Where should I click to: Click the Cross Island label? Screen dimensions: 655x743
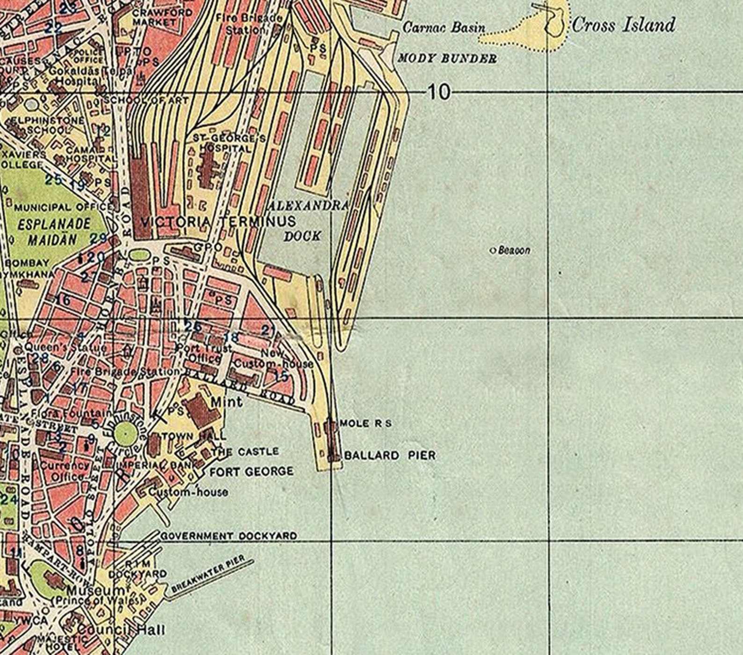623,25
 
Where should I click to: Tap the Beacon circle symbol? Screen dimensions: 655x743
492,251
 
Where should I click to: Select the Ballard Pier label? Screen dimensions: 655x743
390,455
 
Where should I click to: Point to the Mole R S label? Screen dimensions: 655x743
365,424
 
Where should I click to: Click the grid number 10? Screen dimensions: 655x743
438,92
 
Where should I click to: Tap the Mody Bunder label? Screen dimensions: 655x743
447,59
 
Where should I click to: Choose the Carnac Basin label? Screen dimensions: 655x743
444,28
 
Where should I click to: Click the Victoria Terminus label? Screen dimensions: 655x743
218,222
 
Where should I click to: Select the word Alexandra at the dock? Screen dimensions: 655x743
308,206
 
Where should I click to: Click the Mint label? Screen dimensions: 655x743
226,402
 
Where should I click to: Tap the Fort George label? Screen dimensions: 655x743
251,472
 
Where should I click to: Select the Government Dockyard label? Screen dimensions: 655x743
229,536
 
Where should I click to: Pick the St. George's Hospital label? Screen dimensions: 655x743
229,143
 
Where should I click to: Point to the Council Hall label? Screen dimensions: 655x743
121,630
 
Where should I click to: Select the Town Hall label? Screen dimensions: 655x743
193,436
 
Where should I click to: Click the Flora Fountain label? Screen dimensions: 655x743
70,414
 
